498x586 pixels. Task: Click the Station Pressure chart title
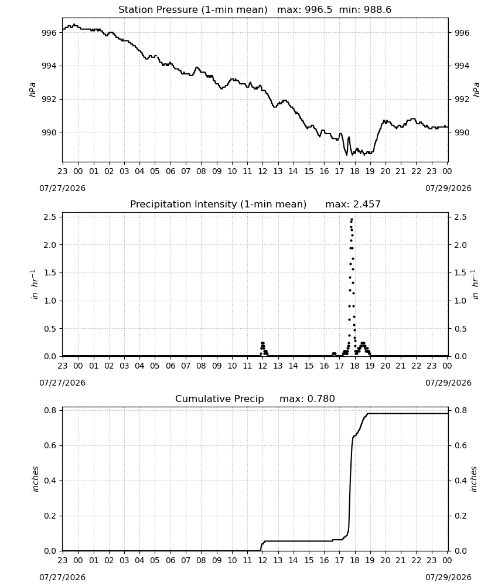(193, 10)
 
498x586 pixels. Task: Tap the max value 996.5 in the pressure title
(318, 10)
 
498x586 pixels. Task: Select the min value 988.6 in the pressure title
(378, 10)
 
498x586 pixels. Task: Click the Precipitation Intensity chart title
(218, 205)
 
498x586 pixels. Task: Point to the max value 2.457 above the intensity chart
(367, 205)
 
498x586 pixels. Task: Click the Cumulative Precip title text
(219, 398)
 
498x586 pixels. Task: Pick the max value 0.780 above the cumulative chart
(321, 398)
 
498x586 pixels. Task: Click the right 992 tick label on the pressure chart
(461, 100)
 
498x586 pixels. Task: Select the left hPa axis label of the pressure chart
(32, 90)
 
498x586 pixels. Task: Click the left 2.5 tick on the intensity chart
(50, 217)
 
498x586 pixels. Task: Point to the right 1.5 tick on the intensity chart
(461, 273)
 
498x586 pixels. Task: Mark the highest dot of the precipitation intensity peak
(352, 219)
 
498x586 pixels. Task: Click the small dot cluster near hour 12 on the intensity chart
(264, 348)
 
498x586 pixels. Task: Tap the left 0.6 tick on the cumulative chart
(50, 445)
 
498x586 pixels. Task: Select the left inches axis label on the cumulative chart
(36, 479)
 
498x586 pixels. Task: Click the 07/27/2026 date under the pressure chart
(62, 188)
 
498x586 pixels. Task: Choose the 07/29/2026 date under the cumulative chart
(448, 577)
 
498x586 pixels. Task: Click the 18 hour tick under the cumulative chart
(354, 561)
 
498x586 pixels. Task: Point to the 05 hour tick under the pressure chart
(155, 171)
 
